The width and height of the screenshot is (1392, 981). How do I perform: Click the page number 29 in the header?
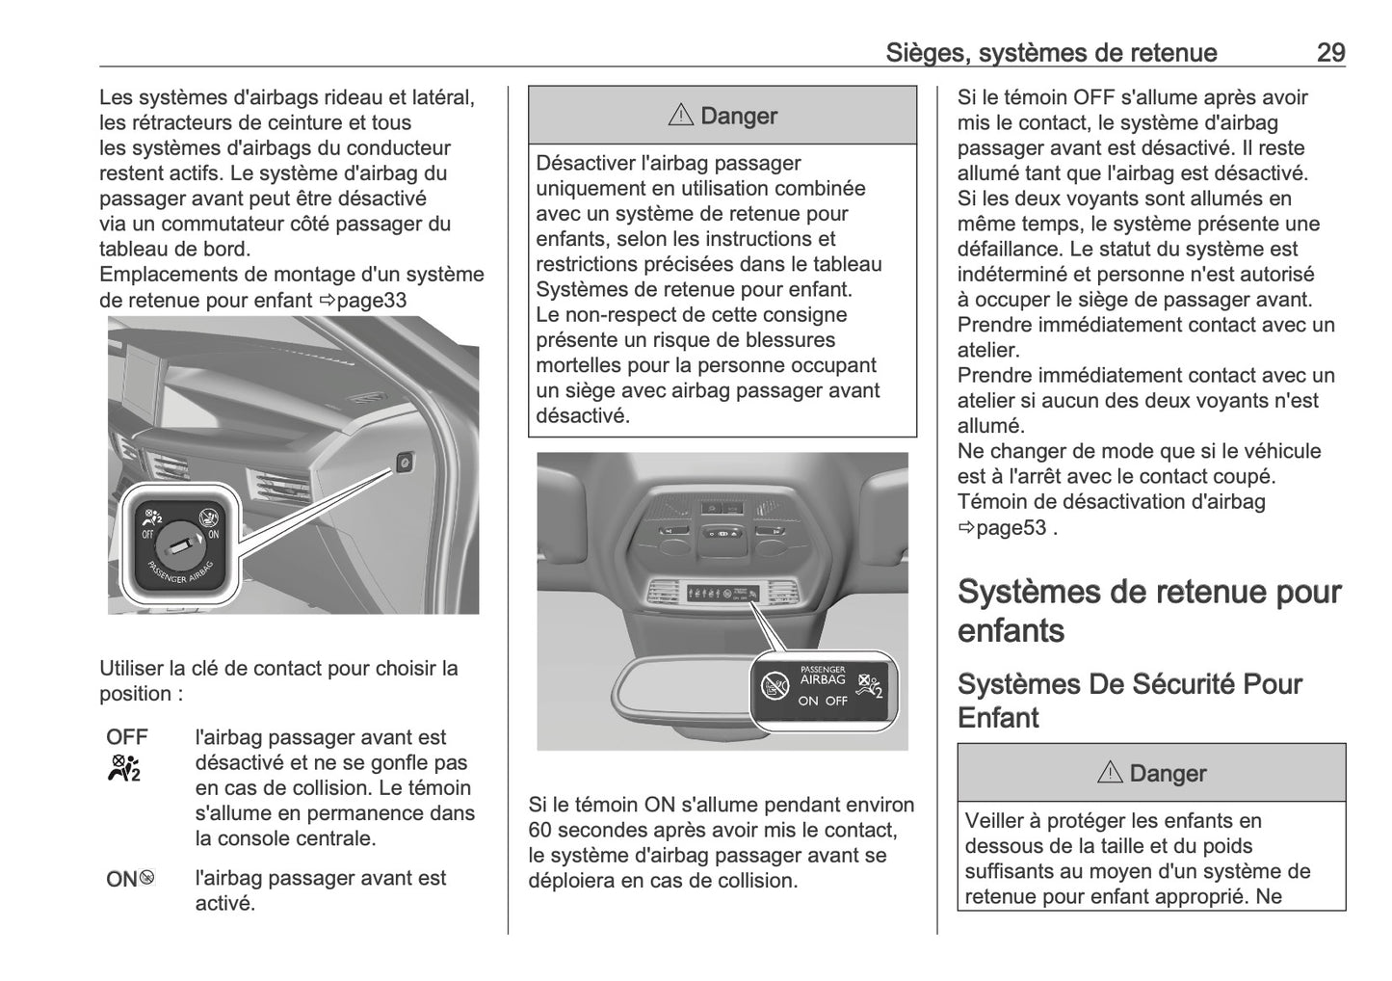tap(1330, 53)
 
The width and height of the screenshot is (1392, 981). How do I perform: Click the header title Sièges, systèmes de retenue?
tap(1051, 53)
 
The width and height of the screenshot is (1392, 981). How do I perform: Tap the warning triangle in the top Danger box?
tap(680, 116)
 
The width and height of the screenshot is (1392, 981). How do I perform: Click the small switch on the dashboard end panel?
tap(406, 464)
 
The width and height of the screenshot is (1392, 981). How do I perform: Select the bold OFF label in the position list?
tap(127, 737)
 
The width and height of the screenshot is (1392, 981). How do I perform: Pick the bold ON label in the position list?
tap(121, 879)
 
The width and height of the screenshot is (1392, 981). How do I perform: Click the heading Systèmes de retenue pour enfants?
tap(1148, 610)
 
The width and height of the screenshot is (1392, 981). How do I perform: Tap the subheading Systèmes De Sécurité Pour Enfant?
tap(1129, 701)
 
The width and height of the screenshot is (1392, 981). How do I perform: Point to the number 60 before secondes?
tap(540, 830)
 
